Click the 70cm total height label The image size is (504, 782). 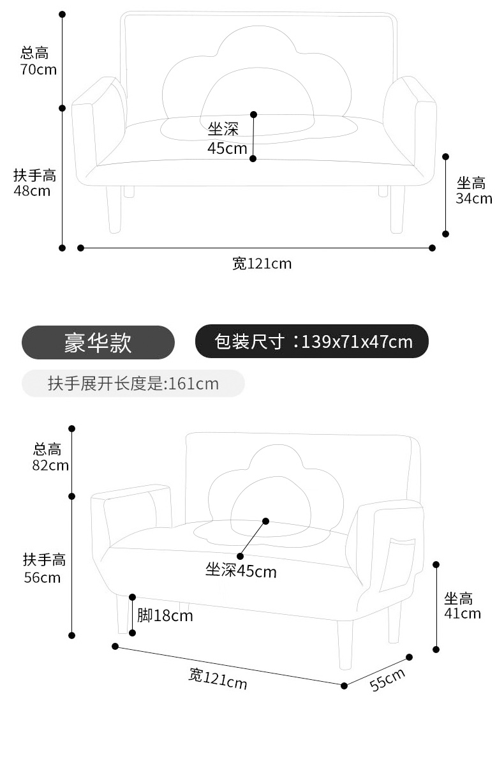[38, 61]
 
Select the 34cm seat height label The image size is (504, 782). [473, 191]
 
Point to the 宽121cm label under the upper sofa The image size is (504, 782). [262, 263]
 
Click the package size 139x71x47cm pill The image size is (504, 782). [311, 342]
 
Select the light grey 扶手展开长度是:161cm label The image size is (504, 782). [133, 384]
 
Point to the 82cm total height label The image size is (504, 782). [50, 457]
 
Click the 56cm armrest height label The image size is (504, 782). [44, 569]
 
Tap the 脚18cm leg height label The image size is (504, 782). [165, 615]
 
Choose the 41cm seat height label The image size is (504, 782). [462, 606]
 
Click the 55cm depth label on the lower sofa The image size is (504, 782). [387, 679]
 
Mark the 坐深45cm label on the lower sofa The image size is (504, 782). [241, 570]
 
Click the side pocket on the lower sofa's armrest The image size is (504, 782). [397, 565]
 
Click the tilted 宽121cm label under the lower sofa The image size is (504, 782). [218, 678]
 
